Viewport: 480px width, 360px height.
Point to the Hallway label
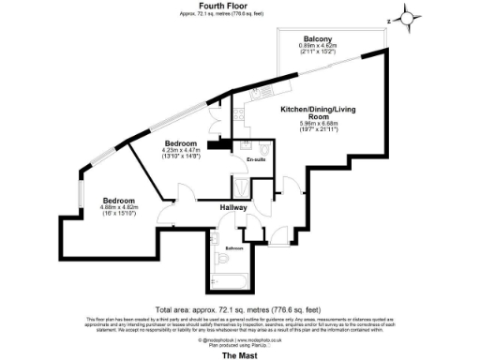point(233,207)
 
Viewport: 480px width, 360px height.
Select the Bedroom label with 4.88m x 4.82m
point(119,201)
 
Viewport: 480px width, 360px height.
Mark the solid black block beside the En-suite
point(219,143)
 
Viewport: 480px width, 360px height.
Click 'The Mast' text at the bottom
point(234,354)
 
